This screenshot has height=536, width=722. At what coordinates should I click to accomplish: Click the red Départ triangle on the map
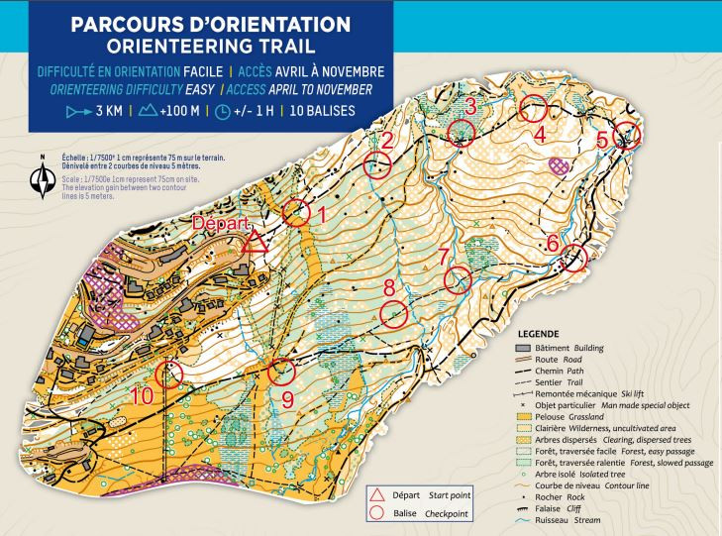click(257, 241)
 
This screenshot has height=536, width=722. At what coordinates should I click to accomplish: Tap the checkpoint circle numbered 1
click(295, 212)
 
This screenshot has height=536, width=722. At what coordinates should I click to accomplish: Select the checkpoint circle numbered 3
click(462, 132)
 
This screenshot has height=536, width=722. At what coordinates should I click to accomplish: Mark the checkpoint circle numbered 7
click(457, 281)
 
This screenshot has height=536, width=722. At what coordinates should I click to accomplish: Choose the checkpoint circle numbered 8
click(395, 315)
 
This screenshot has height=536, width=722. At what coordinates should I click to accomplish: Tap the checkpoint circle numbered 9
click(282, 371)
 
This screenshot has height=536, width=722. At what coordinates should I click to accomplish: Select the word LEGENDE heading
click(539, 334)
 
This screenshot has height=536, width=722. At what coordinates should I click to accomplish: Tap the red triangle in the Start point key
click(375, 495)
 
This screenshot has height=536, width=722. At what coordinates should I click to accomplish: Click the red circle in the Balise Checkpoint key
click(375, 513)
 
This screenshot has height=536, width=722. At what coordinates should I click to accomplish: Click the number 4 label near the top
click(540, 133)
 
